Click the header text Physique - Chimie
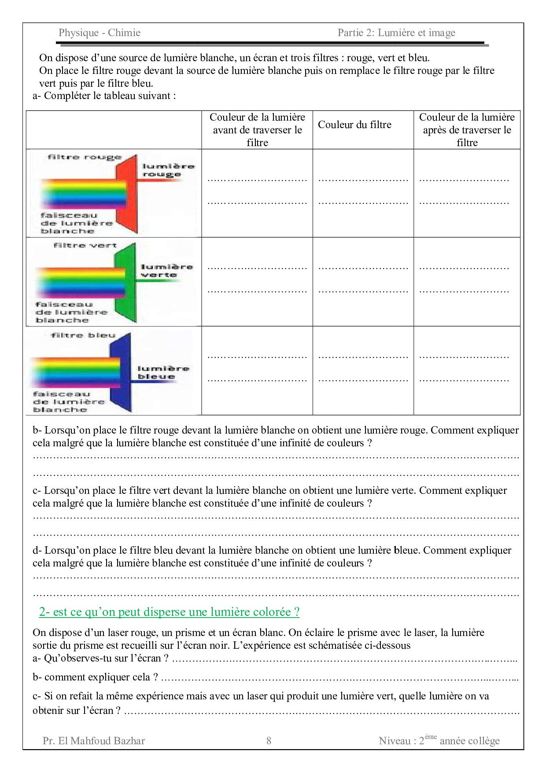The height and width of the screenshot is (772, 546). (100, 33)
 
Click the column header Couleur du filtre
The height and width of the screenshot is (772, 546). (354, 125)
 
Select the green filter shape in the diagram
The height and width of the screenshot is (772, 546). (126, 282)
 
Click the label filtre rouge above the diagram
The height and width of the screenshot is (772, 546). (84, 157)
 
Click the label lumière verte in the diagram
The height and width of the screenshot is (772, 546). (166, 271)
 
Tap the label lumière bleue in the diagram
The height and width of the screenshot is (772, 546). (163, 372)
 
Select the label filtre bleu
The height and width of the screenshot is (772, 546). (83, 335)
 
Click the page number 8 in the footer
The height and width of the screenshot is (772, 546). (269, 740)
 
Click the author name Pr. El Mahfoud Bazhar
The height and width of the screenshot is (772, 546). (94, 741)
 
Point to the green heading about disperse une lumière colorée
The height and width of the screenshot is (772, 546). (169, 612)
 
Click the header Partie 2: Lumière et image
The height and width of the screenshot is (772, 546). (396, 33)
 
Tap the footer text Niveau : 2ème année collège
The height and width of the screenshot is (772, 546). (439, 740)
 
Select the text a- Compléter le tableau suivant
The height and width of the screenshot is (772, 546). (104, 96)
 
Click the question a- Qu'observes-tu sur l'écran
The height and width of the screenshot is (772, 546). (101, 658)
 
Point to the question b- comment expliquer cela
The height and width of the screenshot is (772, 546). (95, 677)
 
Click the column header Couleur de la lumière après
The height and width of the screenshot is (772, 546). (467, 129)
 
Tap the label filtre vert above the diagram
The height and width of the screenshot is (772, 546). (85, 245)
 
